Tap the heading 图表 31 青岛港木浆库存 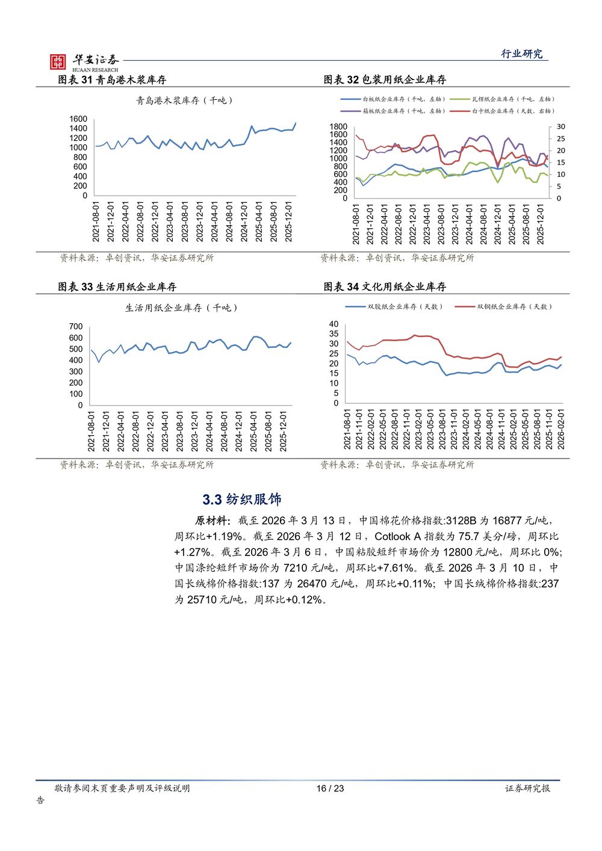112,79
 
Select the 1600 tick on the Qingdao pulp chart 78,119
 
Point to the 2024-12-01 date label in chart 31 244,221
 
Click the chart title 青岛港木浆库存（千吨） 184,101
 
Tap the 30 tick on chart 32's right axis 560,127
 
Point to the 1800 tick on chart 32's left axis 338,127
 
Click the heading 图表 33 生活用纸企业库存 117,286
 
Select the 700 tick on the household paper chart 76,327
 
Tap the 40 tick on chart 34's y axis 334,324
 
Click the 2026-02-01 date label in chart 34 561,429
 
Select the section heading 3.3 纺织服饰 242,500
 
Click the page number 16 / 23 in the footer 330,788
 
